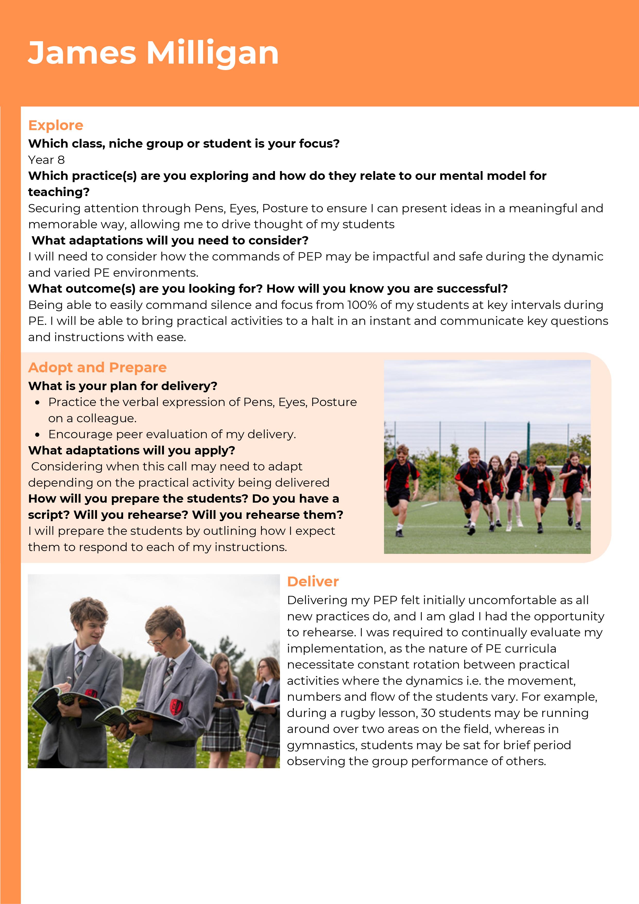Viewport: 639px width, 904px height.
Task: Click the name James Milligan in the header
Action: click(x=153, y=53)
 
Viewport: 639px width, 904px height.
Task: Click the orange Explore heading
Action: click(x=56, y=125)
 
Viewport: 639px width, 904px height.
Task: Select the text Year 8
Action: click(x=46, y=160)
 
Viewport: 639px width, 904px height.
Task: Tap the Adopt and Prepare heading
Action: click(x=97, y=367)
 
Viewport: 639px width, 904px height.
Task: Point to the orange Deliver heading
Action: click(x=313, y=581)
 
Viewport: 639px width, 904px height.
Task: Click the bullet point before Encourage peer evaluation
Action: click(x=37, y=435)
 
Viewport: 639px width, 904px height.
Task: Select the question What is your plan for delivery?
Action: click(x=122, y=386)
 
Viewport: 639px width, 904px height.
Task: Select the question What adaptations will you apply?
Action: click(x=132, y=450)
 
